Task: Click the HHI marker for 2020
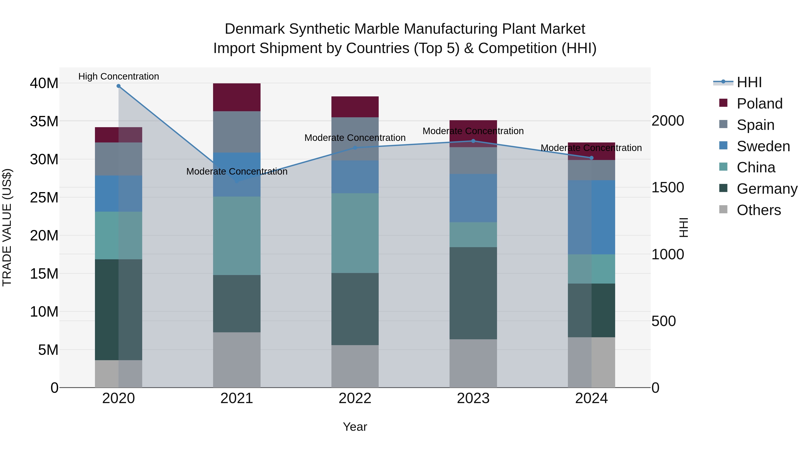[x=119, y=86]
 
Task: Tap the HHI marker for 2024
[x=592, y=158]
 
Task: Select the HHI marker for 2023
[x=473, y=141]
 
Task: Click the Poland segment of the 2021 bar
[x=237, y=97]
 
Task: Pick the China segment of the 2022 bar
[x=355, y=233]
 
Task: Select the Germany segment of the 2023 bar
[x=473, y=293]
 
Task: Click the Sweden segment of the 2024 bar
[x=592, y=217]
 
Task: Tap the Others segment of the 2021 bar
[x=237, y=360]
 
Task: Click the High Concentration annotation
[x=119, y=76]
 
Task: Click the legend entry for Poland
[x=759, y=104]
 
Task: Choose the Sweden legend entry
[x=763, y=146]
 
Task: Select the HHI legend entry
[x=749, y=82]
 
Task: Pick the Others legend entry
[x=758, y=210]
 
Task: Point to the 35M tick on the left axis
[x=44, y=121]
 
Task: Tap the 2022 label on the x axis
[x=355, y=398]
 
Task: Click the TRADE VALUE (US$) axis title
[x=7, y=227]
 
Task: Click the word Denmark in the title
[x=255, y=29]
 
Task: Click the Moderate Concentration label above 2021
[x=237, y=171]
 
